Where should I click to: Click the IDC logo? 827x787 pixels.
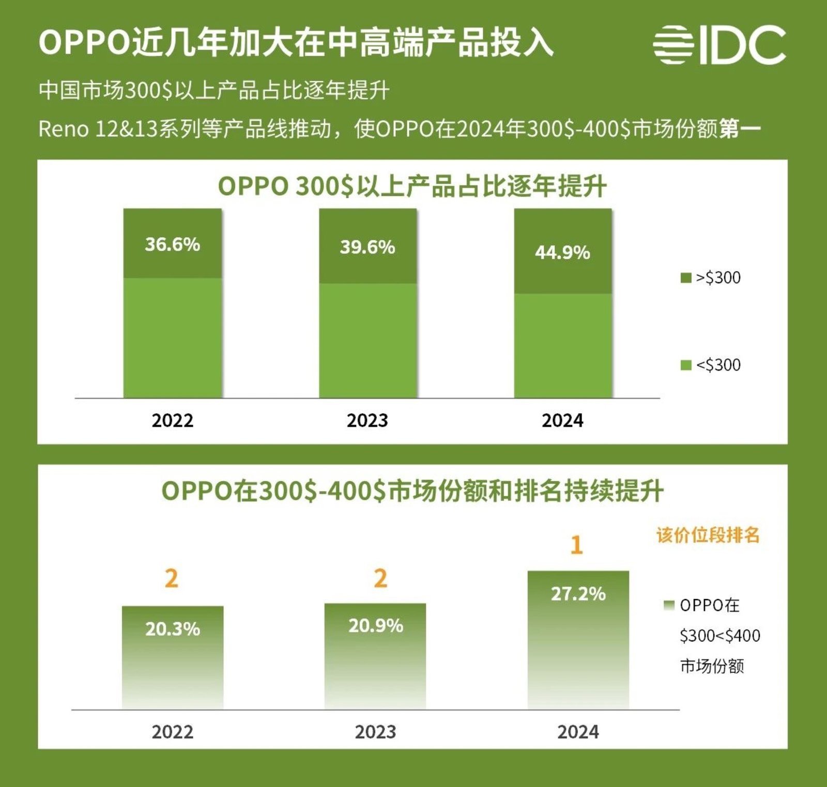click(x=719, y=45)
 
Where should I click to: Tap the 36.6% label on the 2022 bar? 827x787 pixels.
click(x=172, y=244)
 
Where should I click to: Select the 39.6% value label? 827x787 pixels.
click(x=367, y=247)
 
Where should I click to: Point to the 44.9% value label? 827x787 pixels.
click(x=562, y=253)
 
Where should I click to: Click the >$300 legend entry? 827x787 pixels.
click(x=711, y=278)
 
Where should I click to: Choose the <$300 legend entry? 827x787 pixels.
click(x=711, y=365)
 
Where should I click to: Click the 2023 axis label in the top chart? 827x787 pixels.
click(x=367, y=420)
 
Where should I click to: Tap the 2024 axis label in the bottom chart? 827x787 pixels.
click(x=578, y=732)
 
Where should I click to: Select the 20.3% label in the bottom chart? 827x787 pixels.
click(x=172, y=629)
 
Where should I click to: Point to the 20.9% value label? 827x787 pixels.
click(x=376, y=626)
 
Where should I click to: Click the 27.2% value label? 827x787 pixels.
click(x=578, y=594)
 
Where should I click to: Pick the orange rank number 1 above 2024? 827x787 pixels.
click(x=577, y=545)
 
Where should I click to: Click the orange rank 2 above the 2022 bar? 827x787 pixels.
click(x=172, y=578)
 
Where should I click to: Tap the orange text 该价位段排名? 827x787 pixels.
click(x=708, y=535)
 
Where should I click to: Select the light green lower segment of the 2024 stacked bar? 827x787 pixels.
click(x=563, y=346)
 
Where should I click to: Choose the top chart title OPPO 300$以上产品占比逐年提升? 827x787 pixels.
click(x=412, y=186)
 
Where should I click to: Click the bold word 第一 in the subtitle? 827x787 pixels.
click(x=740, y=129)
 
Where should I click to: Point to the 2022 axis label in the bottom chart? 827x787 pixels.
click(x=172, y=732)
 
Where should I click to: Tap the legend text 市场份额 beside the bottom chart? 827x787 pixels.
click(x=712, y=666)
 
